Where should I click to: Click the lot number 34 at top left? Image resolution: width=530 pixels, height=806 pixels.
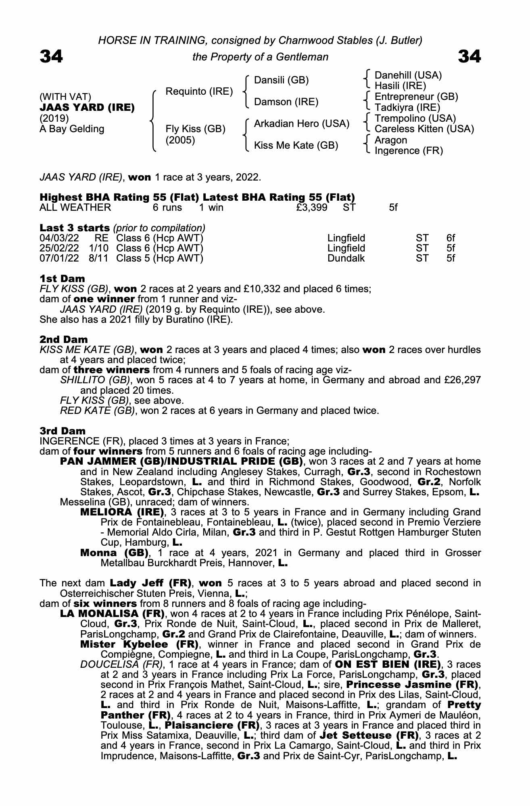[51, 56]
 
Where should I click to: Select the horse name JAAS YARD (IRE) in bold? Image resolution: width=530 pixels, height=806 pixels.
[87, 108]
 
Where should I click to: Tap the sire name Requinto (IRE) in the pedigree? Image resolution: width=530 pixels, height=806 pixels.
[199, 91]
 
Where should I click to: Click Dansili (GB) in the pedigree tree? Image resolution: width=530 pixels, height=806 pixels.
[281, 80]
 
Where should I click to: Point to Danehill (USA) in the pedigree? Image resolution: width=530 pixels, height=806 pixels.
[408, 75]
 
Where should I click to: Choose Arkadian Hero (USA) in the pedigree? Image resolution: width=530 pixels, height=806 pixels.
[301, 124]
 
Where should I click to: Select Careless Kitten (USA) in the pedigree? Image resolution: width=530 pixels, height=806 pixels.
[424, 129]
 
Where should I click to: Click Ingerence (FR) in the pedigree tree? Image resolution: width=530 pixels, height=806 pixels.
[409, 151]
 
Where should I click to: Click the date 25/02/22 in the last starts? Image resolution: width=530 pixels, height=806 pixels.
[59, 248]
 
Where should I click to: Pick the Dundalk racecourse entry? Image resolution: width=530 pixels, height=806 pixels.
[346, 258]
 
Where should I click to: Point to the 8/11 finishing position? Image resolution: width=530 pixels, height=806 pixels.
[98, 258]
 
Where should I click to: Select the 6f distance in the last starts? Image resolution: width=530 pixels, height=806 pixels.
[451, 238]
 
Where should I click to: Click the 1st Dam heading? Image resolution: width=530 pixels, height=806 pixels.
[63, 278]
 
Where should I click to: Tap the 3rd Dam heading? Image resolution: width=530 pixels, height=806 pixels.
[63, 431]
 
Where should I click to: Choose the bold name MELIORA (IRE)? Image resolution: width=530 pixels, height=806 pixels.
[122, 512]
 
